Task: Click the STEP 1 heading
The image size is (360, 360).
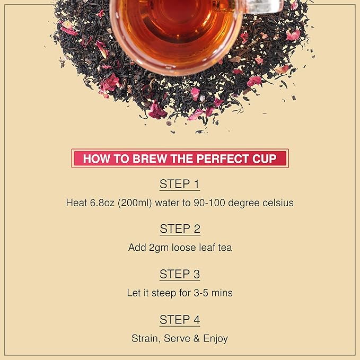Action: point(180,185)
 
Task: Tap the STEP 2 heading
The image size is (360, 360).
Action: point(180,229)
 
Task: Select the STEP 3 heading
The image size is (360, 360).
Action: point(180,274)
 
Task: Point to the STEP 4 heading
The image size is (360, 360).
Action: point(180,320)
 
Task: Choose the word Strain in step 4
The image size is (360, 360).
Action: point(144,338)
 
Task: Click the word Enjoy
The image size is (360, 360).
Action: point(215,338)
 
